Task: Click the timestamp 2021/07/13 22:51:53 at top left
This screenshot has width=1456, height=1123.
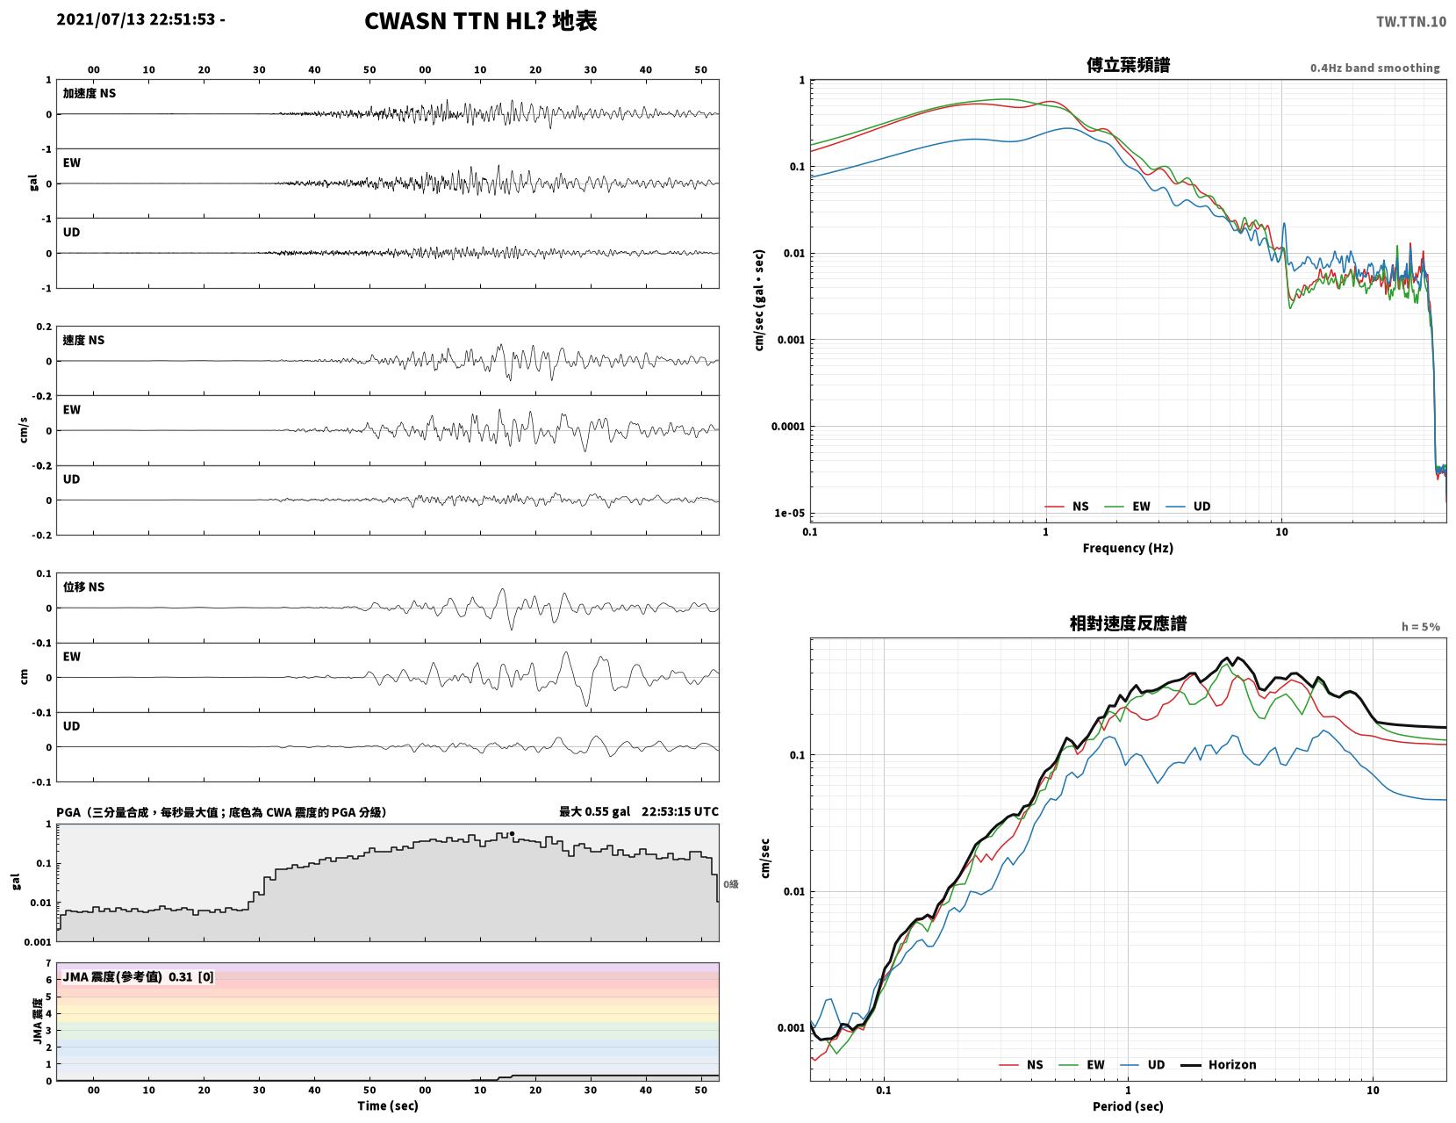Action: click(x=136, y=19)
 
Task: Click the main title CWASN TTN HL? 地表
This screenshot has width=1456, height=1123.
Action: click(x=480, y=21)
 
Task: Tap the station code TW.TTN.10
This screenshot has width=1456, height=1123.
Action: click(x=1410, y=22)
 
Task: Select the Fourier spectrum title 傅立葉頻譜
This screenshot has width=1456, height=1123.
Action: click(x=1128, y=65)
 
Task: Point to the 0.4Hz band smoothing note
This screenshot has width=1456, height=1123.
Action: click(x=1374, y=68)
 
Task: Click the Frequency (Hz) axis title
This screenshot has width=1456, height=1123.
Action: click(x=1127, y=547)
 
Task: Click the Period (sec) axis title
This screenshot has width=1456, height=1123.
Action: click(x=1127, y=1105)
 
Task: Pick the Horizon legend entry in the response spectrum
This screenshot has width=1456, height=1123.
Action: click(x=1217, y=1064)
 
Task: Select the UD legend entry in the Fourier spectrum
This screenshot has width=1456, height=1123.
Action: click(x=1188, y=506)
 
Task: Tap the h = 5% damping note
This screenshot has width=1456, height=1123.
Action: click(x=1421, y=627)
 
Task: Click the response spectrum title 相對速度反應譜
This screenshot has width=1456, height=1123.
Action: click(x=1128, y=623)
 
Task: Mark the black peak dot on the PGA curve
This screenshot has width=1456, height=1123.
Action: click(x=512, y=833)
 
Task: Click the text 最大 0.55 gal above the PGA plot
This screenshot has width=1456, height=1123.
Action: click(x=594, y=811)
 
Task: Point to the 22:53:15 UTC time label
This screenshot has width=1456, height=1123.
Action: click(x=679, y=811)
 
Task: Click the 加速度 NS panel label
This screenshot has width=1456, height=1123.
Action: click(x=90, y=93)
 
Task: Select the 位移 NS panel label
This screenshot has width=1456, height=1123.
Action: click(x=83, y=587)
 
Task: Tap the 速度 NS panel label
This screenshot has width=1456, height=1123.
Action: click(x=83, y=340)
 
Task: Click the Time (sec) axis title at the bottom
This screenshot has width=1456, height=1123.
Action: click(x=387, y=1105)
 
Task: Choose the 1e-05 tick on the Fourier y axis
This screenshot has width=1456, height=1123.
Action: click(x=789, y=514)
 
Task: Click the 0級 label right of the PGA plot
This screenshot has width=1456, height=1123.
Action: click(x=730, y=884)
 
